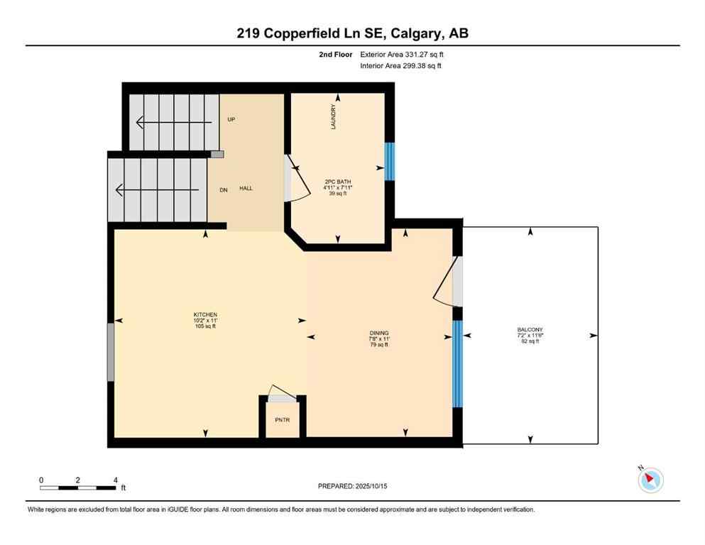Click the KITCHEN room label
(x=205, y=314)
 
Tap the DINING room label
(x=378, y=333)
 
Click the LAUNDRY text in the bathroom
(x=333, y=116)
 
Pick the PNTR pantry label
(x=282, y=419)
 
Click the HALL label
(x=246, y=188)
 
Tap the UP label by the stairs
(x=231, y=119)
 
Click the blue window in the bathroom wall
(x=388, y=162)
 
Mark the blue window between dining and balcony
(x=457, y=363)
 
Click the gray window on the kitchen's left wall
(x=111, y=351)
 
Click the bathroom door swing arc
(x=300, y=185)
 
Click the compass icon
(x=650, y=480)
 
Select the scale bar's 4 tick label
(x=115, y=480)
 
